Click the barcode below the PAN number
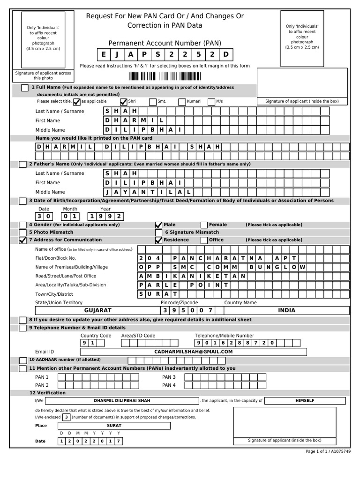(x=165, y=77)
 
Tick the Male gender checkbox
(x=158, y=225)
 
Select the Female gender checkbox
(x=204, y=225)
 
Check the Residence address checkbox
(x=158, y=240)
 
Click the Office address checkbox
(x=204, y=240)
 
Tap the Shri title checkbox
(x=124, y=101)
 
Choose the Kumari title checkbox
(x=182, y=101)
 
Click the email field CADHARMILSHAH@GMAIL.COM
(x=193, y=352)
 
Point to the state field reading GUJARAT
(x=97, y=310)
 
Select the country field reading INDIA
(x=286, y=310)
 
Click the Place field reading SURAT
(x=114, y=426)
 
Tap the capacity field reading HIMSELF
(x=305, y=401)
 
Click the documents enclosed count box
(x=67, y=417)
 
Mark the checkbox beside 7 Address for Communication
(x=22, y=240)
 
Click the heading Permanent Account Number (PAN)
(x=165, y=43)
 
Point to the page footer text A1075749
(x=341, y=451)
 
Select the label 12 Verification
(x=47, y=393)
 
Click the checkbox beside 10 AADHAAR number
(x=22, y=360)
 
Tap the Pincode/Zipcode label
(x=179, y=303)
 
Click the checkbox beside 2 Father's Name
(x=22, y=165)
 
